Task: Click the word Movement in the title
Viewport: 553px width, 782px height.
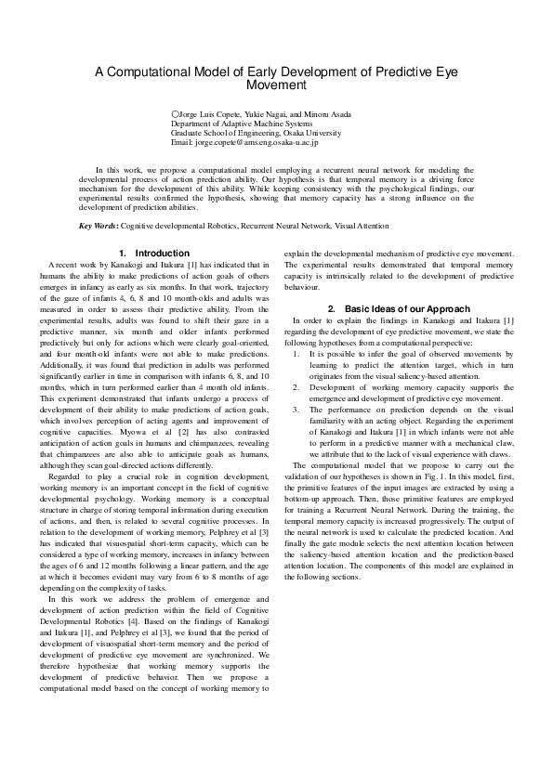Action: tap(276, 85)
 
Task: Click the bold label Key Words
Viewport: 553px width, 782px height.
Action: tap(97, 226)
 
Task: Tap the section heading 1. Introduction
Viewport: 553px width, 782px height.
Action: tap(155, 254)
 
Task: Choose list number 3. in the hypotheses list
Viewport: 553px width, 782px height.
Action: tap(296, 409)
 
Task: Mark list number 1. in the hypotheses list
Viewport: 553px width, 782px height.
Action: tap(296, 354)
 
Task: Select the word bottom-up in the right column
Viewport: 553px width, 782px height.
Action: tap(307, 495)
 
